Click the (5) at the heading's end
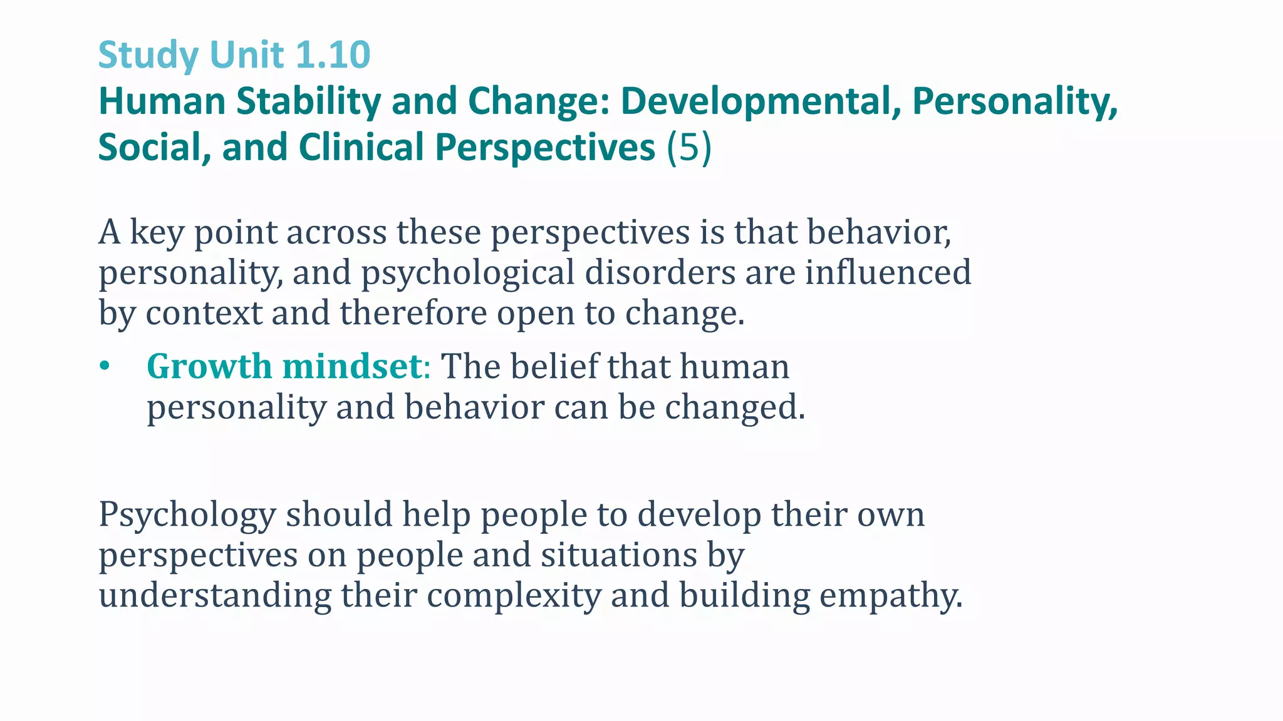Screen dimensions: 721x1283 (x=688, y=148)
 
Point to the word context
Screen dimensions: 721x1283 (x=204, y=313)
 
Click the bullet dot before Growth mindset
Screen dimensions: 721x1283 (x=104, y=366)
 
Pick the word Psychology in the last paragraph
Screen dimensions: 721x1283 (x=187, y=515)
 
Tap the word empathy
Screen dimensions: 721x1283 (x=890, y=596)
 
